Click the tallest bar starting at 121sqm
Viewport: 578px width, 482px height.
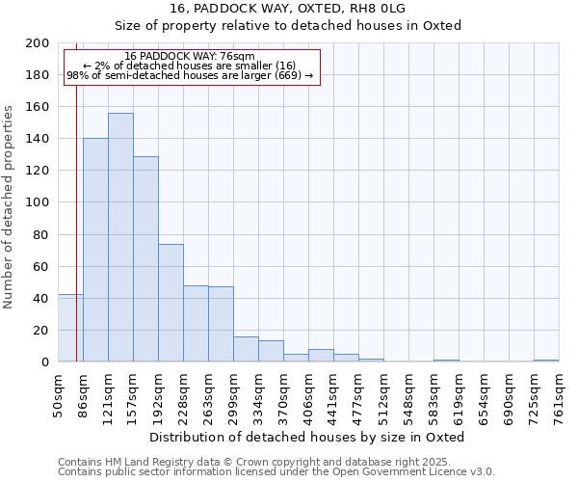point(120,237)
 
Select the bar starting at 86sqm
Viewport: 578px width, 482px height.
point(95,250)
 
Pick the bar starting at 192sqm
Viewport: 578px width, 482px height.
point(171,303)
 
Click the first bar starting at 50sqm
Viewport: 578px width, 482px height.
point(70,328)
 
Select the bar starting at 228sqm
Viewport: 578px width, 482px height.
point(196,323)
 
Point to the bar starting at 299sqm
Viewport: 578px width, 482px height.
point(246,349)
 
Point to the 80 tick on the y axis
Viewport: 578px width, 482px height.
point(41,234)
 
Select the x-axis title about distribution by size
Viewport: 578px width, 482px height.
point(308,437)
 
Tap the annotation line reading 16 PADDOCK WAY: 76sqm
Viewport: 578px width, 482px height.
point(190,57)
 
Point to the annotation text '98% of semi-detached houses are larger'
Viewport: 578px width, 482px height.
point(190,75)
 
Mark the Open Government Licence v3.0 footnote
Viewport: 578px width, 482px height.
point(276,471)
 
